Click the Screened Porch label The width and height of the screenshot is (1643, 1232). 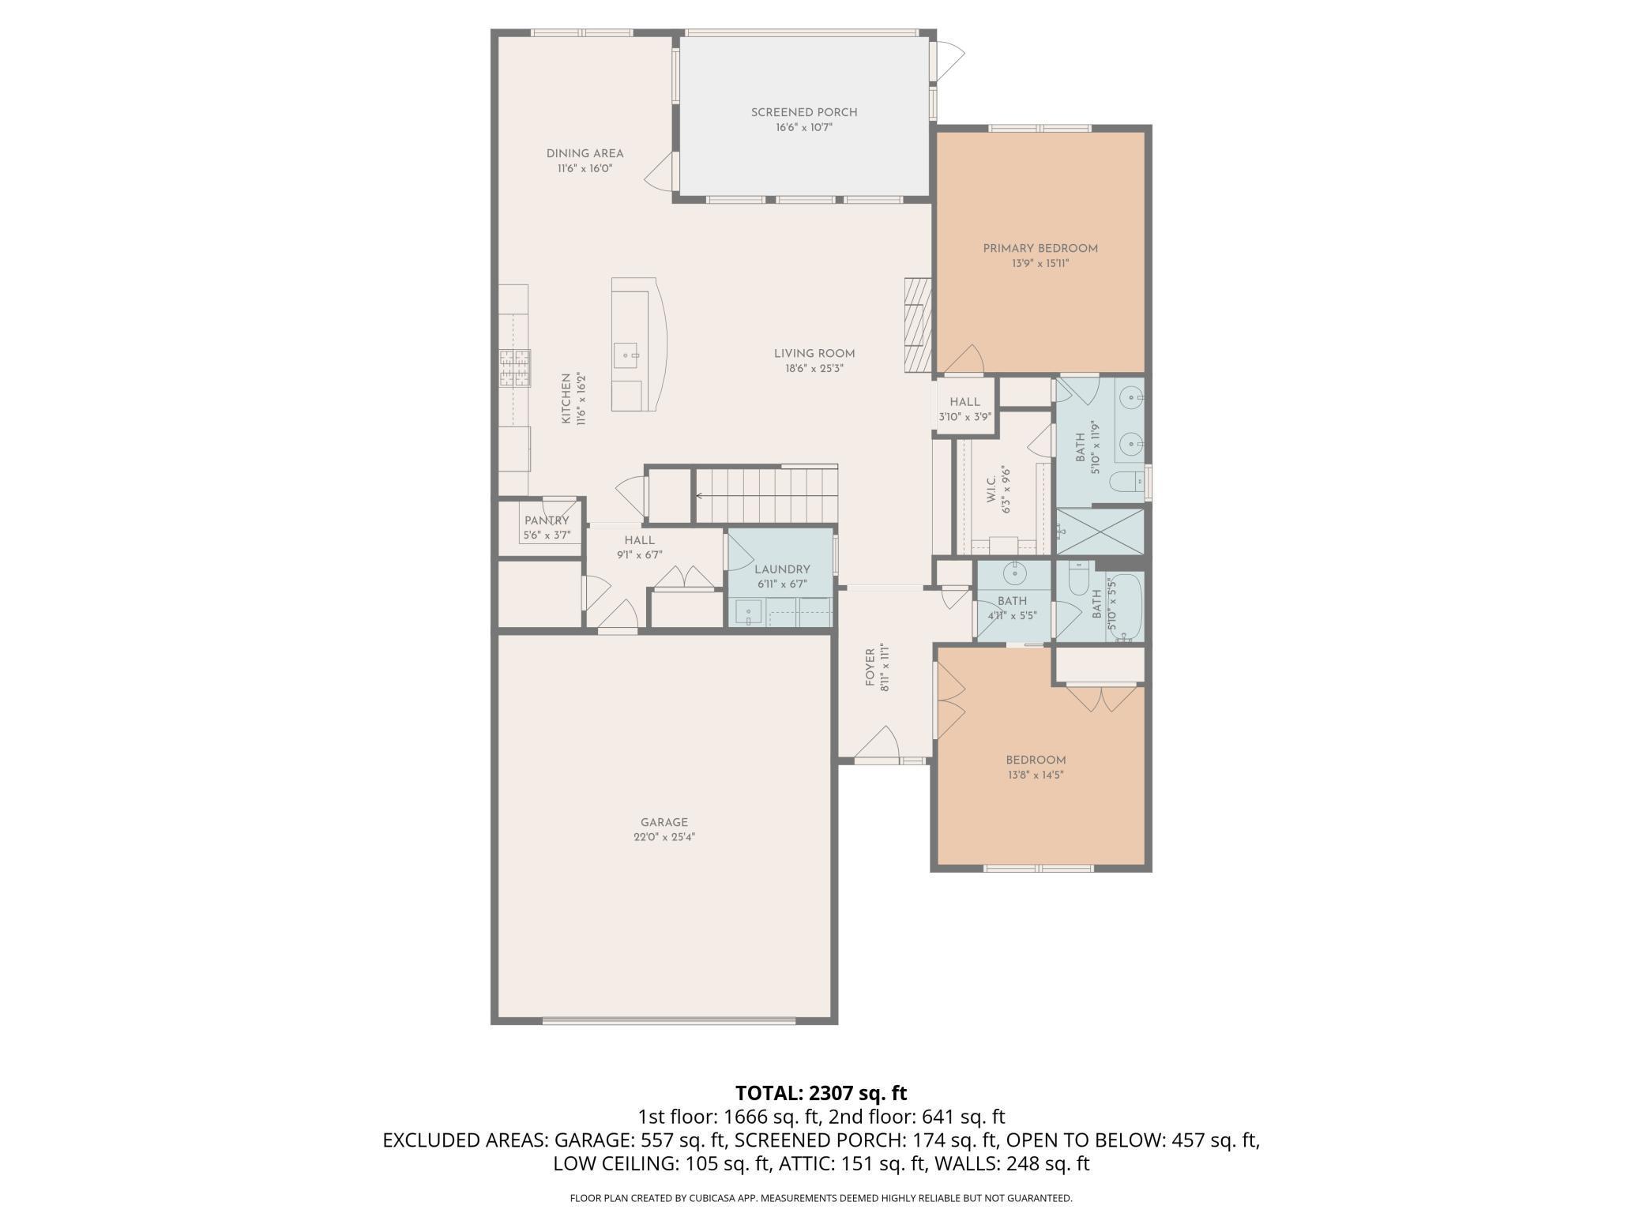pyautogui.click(x=803, y=112)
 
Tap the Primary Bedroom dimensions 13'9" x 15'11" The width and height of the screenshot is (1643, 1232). pyautogui.click(x=1040, y=263)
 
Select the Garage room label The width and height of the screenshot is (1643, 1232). pyautogui.click(x=664, y=822)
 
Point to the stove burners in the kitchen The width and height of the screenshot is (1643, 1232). pyautogui.click(x=513, y=368)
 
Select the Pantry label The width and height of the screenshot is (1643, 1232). pyautogui.click(x=546, y=520)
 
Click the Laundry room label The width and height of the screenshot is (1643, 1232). pyautogui.click(x=781, y=569)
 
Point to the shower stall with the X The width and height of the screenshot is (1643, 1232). pyautogui.click(x=1100, y=531)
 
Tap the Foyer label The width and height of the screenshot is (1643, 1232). pyautogui.click(x=870, y=667)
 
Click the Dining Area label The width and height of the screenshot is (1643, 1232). pyautogui.click(x=585, y=153)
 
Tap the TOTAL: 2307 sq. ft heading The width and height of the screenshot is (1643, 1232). pyautogui.click(x=821, y=1093)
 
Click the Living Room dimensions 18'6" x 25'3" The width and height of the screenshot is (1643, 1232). pyautogui.click(x=814, y=368)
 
